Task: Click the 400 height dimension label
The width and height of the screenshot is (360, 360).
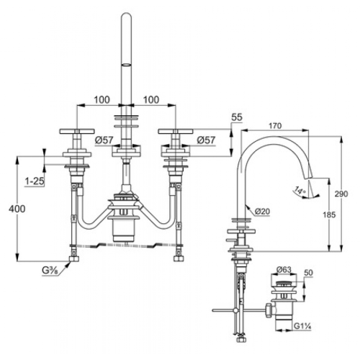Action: (17, 209)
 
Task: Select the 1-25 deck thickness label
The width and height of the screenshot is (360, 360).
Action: (35, 181)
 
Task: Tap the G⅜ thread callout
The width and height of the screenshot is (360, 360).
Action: (50, 271)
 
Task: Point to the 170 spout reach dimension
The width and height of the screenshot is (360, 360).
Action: (275, 126)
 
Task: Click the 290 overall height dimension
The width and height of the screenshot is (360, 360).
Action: (341, 194)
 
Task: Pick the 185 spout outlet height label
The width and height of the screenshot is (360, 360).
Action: (329, 215)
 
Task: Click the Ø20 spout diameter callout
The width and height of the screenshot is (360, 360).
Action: (262, 211)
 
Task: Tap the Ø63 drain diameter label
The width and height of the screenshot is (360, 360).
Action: (284, 269)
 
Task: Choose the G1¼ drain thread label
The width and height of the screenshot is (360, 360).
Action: (302, 326)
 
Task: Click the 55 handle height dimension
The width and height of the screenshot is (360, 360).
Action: (237, 117)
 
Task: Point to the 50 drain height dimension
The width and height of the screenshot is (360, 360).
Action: (308, 273)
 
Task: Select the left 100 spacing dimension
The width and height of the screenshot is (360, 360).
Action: (102, 99)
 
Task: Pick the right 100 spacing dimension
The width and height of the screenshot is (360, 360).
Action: (151, 99)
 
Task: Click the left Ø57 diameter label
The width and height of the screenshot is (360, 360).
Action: (104, 140)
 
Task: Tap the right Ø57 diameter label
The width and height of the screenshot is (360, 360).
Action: (206, 140)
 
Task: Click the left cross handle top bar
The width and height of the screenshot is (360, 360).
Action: (77, 131)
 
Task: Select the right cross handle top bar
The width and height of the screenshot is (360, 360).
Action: (176, 131)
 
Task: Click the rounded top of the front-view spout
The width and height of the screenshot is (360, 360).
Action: (126, 15)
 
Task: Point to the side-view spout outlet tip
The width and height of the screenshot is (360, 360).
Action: (309, 178)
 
